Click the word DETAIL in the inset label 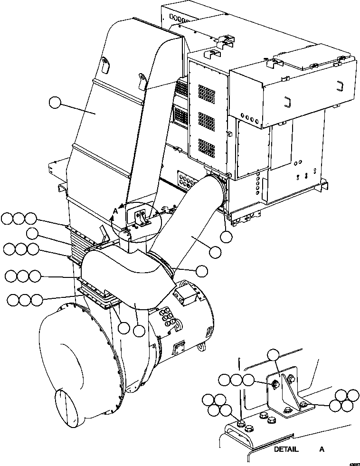click(286, 449)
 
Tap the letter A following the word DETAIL click(322, 449)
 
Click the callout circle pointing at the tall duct click(56, 103)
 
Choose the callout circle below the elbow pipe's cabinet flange click(227, 236)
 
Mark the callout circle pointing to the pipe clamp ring click(201, 270)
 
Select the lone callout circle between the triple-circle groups click(32, 233)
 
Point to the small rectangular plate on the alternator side click(180, 347)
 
